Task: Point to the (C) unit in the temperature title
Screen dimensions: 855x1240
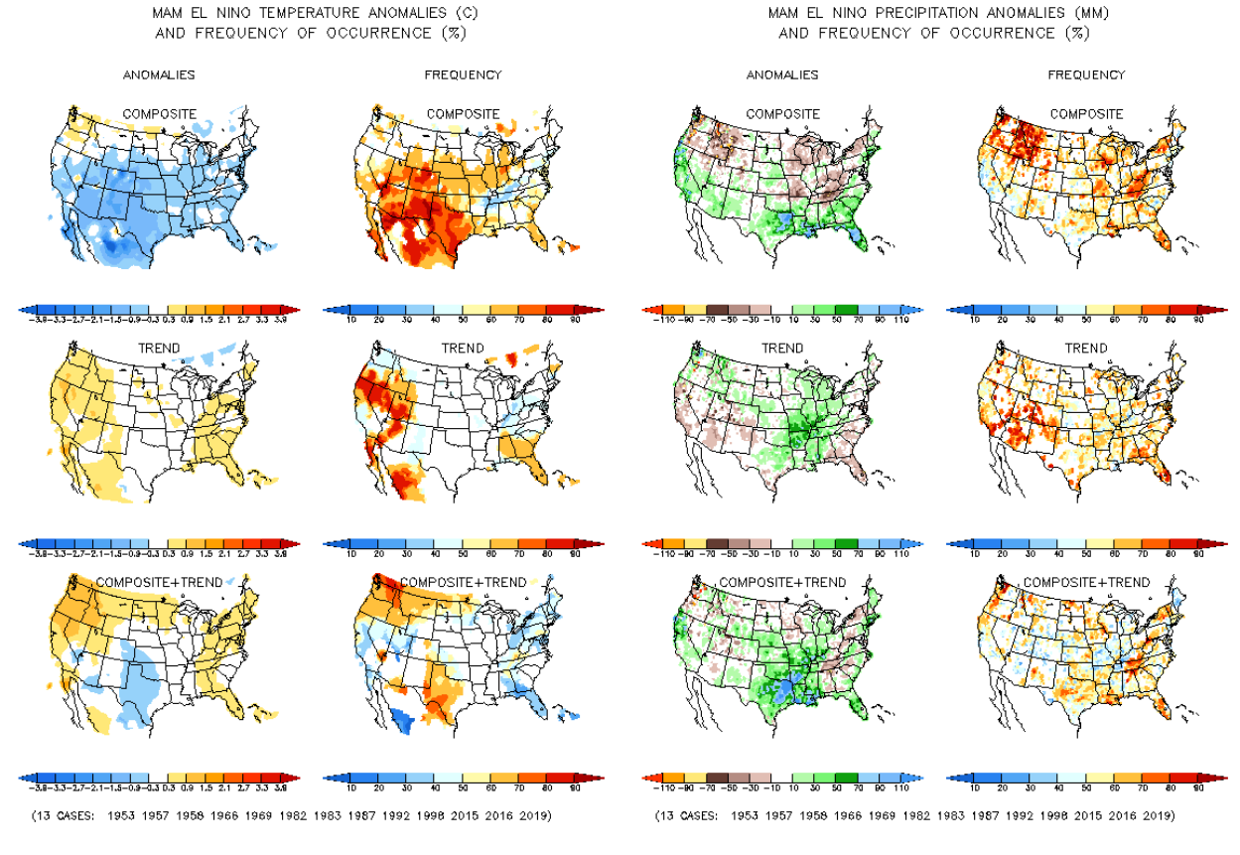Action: (x=450, y=14)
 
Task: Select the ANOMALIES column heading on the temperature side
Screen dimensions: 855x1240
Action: (x=159, y=74)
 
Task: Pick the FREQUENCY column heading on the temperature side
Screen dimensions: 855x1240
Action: (x=463, y=74)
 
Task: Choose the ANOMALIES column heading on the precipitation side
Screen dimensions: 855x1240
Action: (x=782, y=74)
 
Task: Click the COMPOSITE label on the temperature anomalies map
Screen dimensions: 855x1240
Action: (x=159, y=113)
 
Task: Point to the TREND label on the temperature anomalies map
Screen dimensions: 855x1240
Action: (x=159, y=349)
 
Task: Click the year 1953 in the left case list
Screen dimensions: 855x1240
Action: (x=122, y=816)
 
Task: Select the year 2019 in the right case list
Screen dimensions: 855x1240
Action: (x=1157, y=816)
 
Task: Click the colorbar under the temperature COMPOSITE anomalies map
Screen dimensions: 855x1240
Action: (x=159, y=310)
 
